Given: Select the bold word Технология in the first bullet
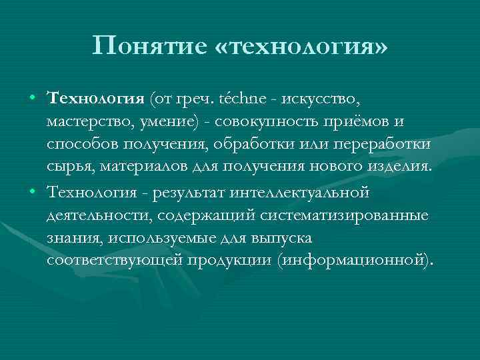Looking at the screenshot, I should [x=97, y=99].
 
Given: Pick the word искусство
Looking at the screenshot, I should [x=321, y=99].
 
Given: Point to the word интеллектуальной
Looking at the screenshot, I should [x=299, y=193].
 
